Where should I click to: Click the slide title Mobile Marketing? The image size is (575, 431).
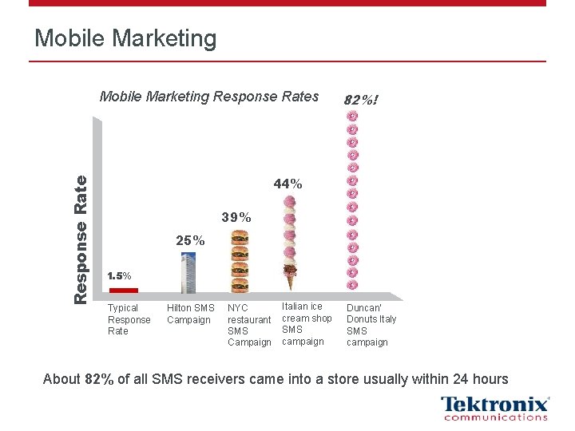point(125,38)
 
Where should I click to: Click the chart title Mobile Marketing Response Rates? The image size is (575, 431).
point(208,97)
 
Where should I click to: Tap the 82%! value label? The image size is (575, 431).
point(360,101)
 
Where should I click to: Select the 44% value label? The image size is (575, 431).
point(287,184)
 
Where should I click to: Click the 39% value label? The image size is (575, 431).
point(236,217)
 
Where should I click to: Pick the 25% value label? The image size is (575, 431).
point(190,240)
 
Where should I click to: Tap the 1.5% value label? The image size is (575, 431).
point(119,275)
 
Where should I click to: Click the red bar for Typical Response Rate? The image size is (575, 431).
point(123,290)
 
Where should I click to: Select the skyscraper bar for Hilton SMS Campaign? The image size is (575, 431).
point(188,273)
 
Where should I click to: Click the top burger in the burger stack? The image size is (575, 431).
point(239,238)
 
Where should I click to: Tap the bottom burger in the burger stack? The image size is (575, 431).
point(239,284)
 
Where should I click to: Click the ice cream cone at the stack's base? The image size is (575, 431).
point(288,279)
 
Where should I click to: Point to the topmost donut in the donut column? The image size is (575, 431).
point(352,117)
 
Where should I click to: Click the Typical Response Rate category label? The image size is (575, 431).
point(129,319)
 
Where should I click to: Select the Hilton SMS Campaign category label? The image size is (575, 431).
point(190,314)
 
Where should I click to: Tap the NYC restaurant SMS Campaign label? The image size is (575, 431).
point(249,325)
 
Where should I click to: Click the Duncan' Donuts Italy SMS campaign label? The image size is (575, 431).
point(371,325)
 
